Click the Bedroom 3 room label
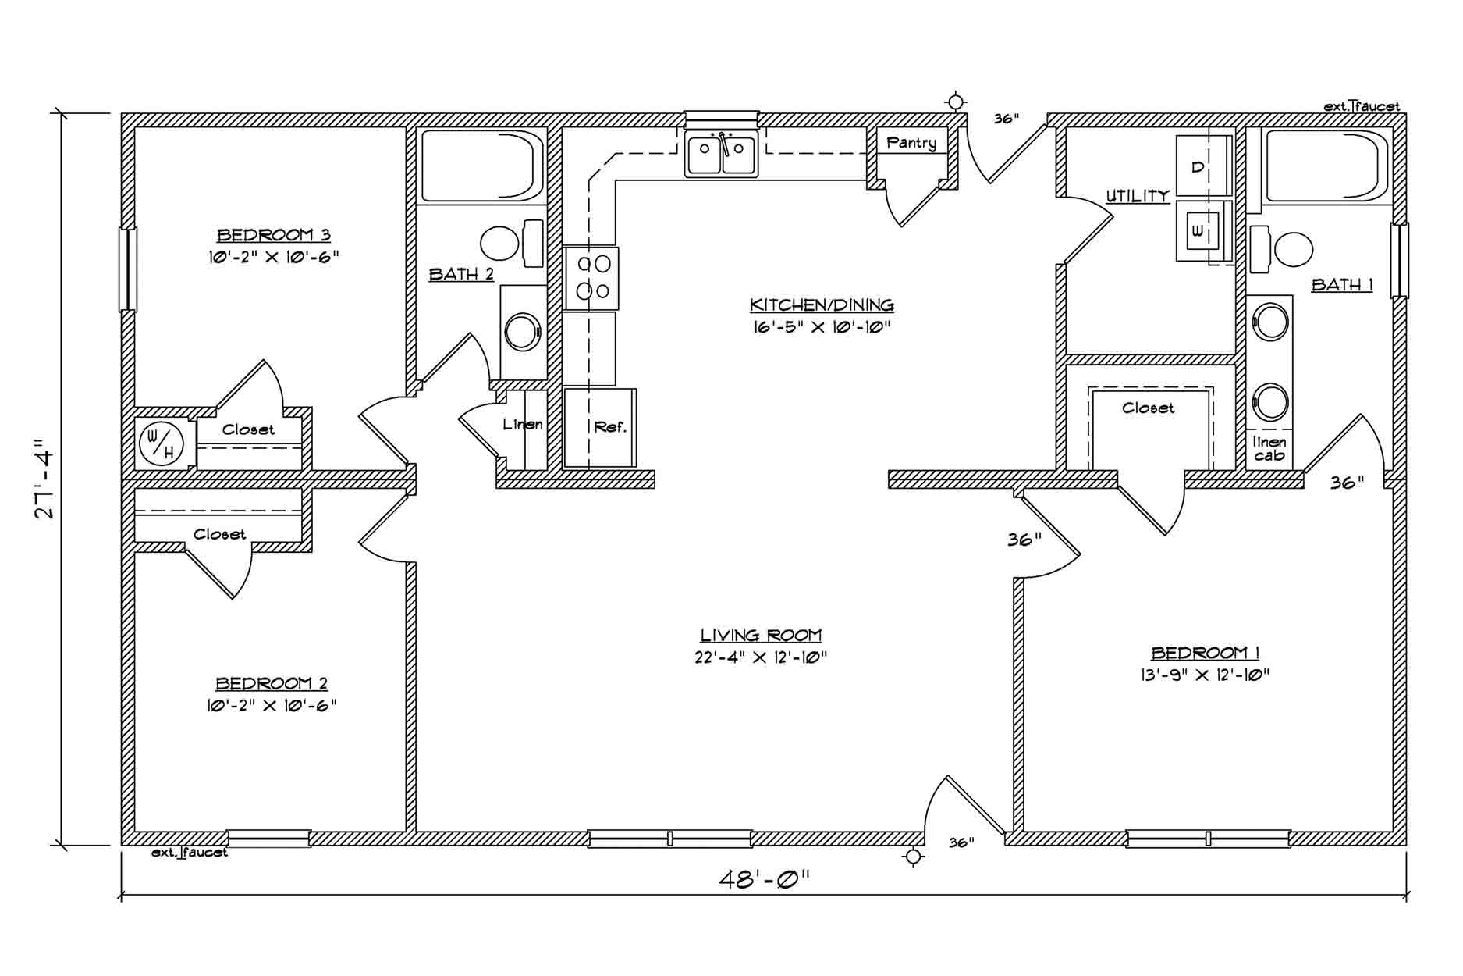[x=273, y=234]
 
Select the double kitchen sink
[x=722, y=153]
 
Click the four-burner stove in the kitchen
[x=591, y=278]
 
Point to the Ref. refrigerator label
[x=610, y=427]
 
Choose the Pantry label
[x=911, y=143]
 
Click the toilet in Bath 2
[x=511, y=243]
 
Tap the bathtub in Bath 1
[x=1326, y=166]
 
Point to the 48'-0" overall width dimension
[x=764, y=880]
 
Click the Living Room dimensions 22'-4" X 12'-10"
[x=761, y=657]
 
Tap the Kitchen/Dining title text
[x=822, y=305]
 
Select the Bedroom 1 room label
[x=1205, y=653]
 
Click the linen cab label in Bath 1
[x=1269, y=448]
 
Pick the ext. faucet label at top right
[x=1362, y=106]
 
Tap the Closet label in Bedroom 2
[x=219, y=534]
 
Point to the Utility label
[x=1138, y=196]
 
